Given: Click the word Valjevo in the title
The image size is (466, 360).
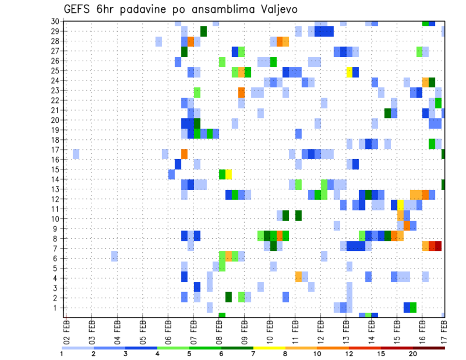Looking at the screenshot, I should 276,9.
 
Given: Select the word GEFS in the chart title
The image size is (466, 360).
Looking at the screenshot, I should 80,9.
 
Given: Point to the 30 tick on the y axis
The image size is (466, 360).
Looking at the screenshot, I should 55,21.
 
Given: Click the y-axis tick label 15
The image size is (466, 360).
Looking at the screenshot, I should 55,169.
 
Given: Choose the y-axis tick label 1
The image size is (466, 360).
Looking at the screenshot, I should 57,308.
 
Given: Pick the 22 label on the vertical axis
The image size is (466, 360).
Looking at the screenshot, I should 55,100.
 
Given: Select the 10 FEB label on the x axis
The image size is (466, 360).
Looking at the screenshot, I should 270,331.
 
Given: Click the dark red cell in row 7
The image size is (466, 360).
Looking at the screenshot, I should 438,246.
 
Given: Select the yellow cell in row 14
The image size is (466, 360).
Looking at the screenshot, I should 229,174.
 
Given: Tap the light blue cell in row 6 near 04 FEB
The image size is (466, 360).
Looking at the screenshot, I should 115,256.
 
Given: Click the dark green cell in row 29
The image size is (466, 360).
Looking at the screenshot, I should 203,31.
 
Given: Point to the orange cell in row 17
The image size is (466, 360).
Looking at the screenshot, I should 184,154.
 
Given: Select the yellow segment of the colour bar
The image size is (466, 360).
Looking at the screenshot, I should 269,347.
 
